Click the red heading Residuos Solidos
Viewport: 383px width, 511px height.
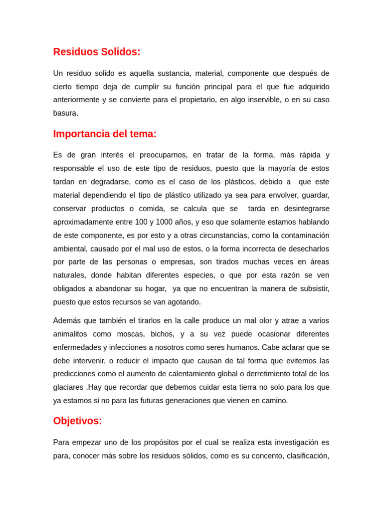click(97, 52)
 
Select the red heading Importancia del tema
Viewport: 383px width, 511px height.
click(105, 134)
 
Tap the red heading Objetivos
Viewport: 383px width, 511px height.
click(77, 421)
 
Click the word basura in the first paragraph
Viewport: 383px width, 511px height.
click(66, 113)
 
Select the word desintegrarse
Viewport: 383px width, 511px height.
click(300, 209)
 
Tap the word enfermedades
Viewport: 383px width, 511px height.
click(77, 347)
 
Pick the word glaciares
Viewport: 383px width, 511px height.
click(68, 387)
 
